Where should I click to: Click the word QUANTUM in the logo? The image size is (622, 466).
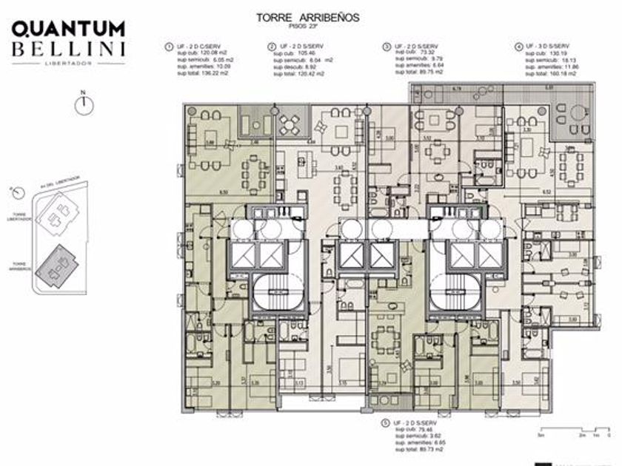(68, 30)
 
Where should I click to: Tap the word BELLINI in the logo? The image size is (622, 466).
(68, 50)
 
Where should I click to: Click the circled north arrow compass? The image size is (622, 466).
(85, 105)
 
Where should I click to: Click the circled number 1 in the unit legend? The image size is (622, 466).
(170, 47)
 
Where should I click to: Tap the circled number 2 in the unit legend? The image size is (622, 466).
(272, 47)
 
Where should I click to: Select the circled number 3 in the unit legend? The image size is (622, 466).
(387, 47)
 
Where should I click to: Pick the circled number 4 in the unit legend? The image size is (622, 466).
(518, 47)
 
